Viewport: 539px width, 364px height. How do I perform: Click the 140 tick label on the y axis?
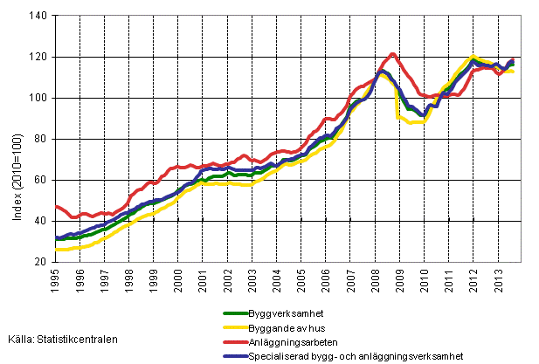(38, 16)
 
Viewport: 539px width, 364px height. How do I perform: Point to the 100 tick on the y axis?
(38, 98)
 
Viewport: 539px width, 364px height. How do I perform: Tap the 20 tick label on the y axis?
(41, 262)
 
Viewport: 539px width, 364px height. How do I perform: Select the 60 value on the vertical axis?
(41, 180)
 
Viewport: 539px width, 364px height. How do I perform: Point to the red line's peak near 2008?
(392, 54)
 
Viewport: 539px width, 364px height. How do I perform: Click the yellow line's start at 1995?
(57, 250)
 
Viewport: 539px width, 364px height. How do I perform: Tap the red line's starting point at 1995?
(57, 206)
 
